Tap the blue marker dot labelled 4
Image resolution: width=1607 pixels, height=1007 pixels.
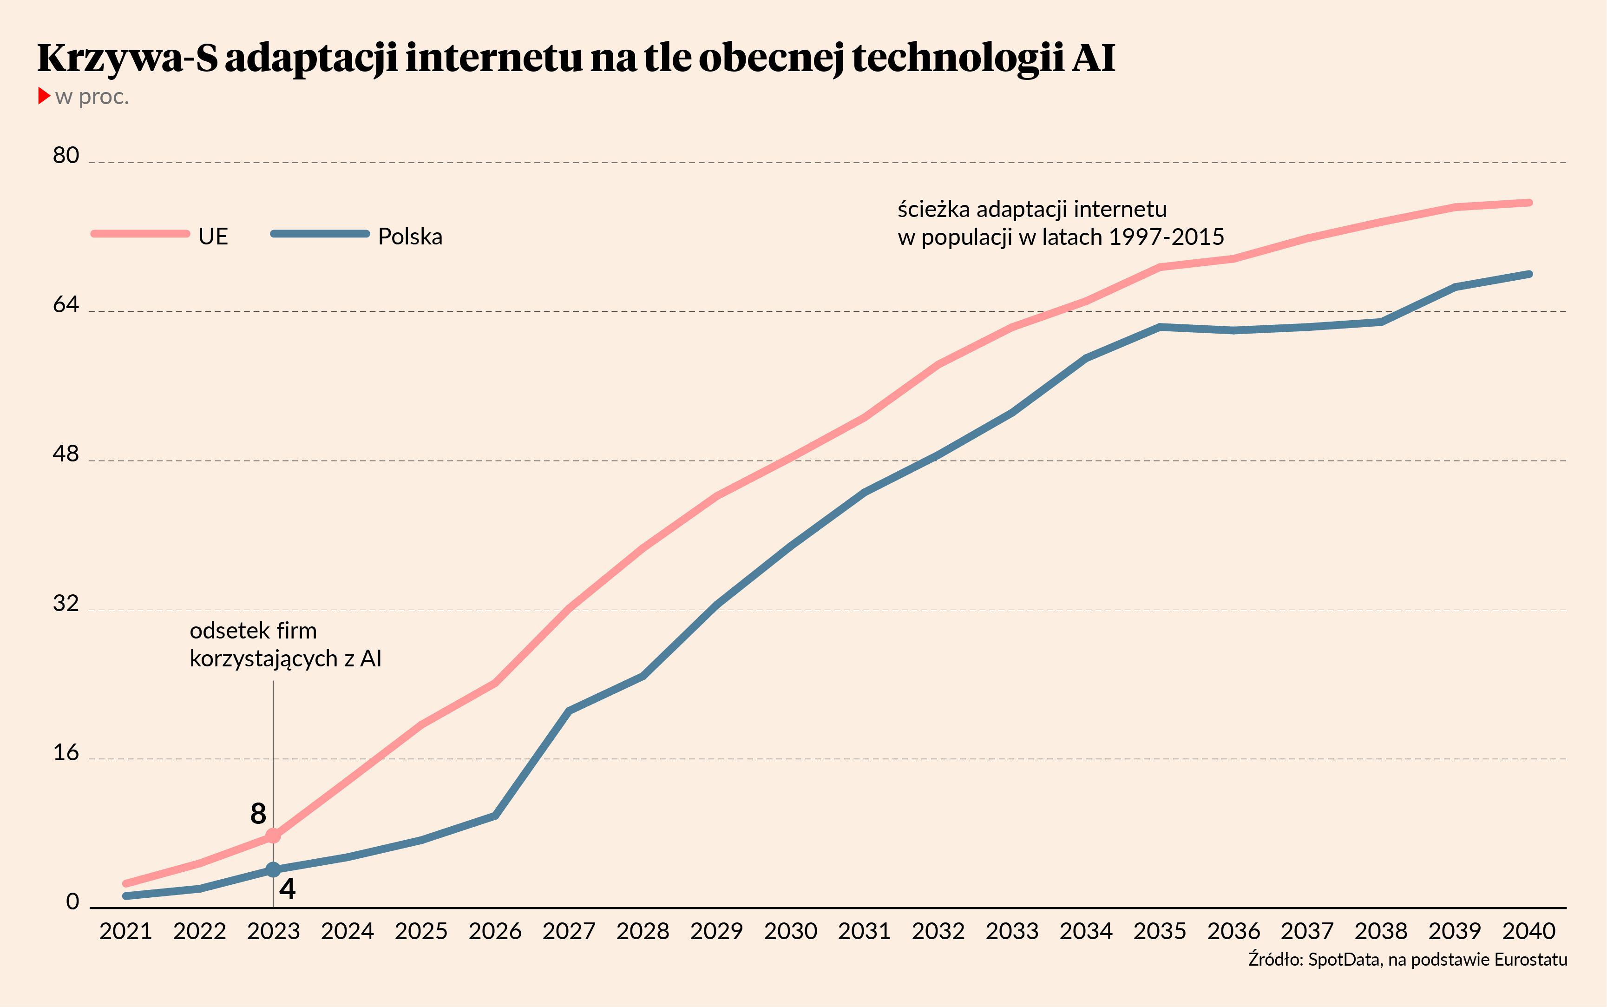point(273,870)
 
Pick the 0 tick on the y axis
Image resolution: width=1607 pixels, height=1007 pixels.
point(72,902)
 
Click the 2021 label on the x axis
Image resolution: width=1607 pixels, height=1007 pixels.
point(126,931)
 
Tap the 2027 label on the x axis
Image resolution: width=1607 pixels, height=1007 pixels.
point(569,931)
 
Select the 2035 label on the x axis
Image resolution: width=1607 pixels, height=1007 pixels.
point(1160,931)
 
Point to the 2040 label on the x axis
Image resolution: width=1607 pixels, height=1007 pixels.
point(1528,931)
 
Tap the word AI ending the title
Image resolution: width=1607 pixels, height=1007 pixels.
point(1094,58)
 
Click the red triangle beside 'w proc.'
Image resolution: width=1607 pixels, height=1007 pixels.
point(44,95)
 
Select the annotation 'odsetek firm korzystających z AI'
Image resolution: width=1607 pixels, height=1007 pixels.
point(285,644)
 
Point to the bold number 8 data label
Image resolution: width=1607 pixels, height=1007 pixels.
point(258,813)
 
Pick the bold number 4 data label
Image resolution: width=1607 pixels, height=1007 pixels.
point(287,889)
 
